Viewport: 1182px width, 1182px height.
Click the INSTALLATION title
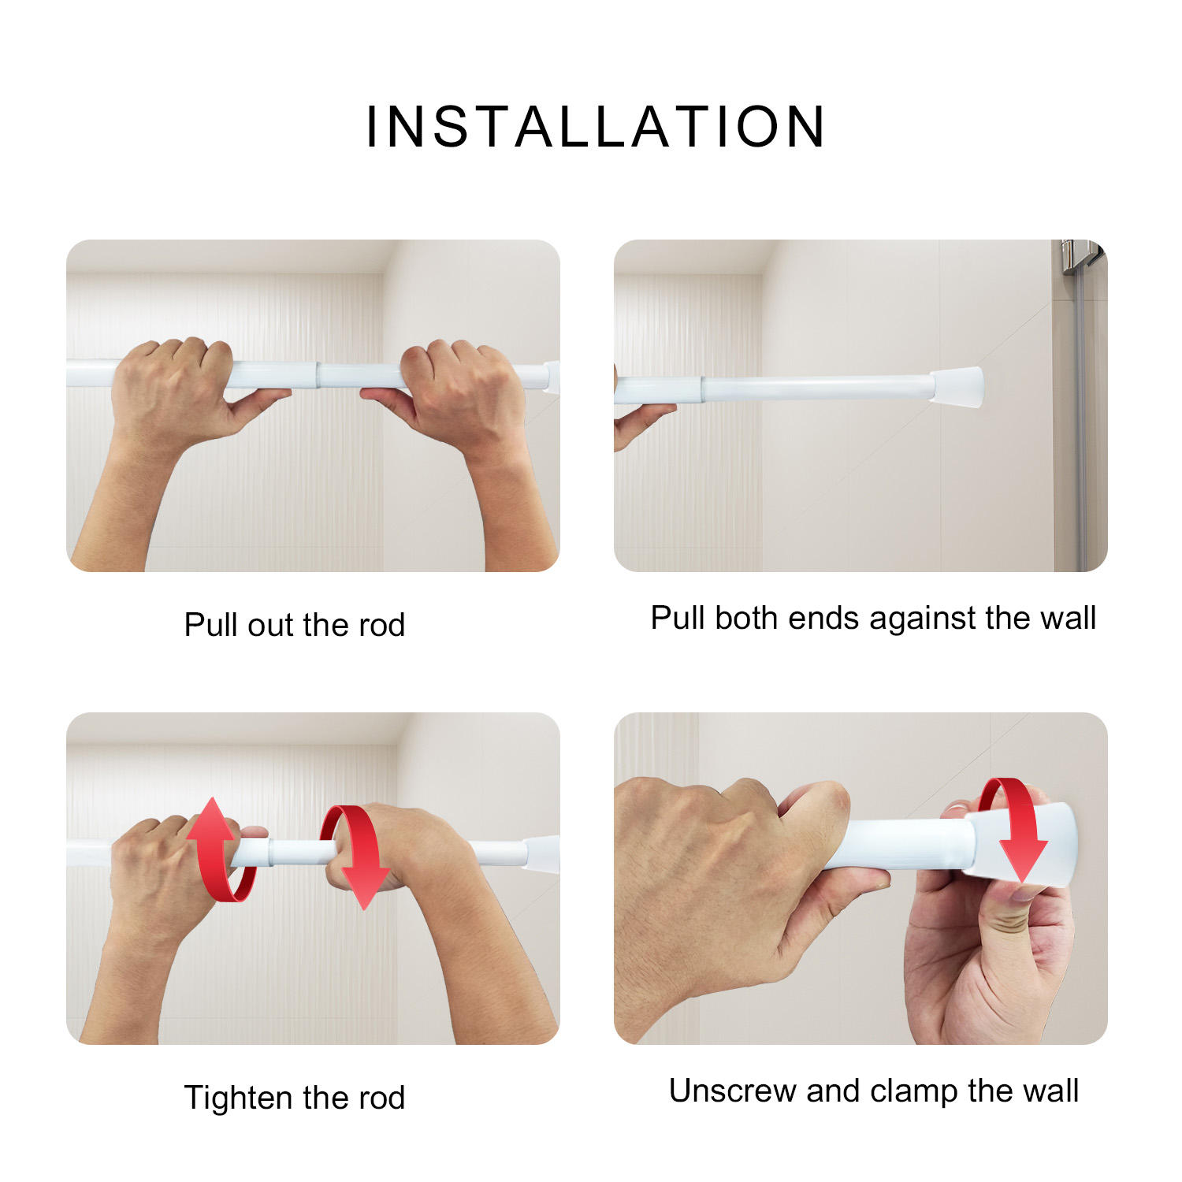[x=596, y=127]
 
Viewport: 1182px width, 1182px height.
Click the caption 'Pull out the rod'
[x=294, y=625]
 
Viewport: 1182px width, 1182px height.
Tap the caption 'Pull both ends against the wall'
[x=872, y=618]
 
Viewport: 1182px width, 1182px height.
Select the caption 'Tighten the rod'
[x=294, y=1098]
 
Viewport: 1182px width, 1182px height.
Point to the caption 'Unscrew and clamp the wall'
[x=873, y=1091]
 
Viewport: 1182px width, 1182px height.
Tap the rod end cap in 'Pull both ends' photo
[x=957, y=387]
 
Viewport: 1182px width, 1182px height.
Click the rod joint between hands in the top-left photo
[x=317, y=375]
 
